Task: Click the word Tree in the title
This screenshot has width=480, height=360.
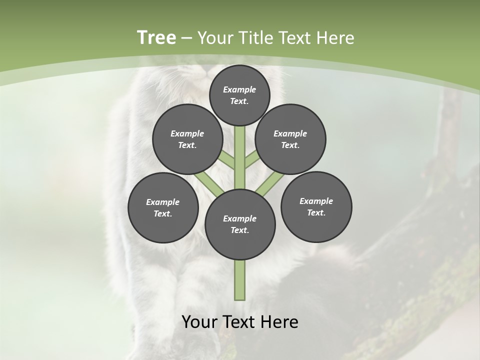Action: coord(156,37)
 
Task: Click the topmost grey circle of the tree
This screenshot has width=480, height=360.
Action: coord(239,95)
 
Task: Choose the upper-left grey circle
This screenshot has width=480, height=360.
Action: coord(187,139)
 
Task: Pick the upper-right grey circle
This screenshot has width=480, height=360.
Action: coord(290,139)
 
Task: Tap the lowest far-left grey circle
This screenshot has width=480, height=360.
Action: coord(163,207)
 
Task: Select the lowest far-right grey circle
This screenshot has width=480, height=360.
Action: coord(316,206)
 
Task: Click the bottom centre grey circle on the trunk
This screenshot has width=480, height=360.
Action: coord(240,224)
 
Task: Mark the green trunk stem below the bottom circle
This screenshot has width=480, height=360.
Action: coord(240,280)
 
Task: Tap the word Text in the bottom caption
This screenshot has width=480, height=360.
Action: coord(240,322)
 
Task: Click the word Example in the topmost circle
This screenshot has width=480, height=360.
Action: coord(239,89)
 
